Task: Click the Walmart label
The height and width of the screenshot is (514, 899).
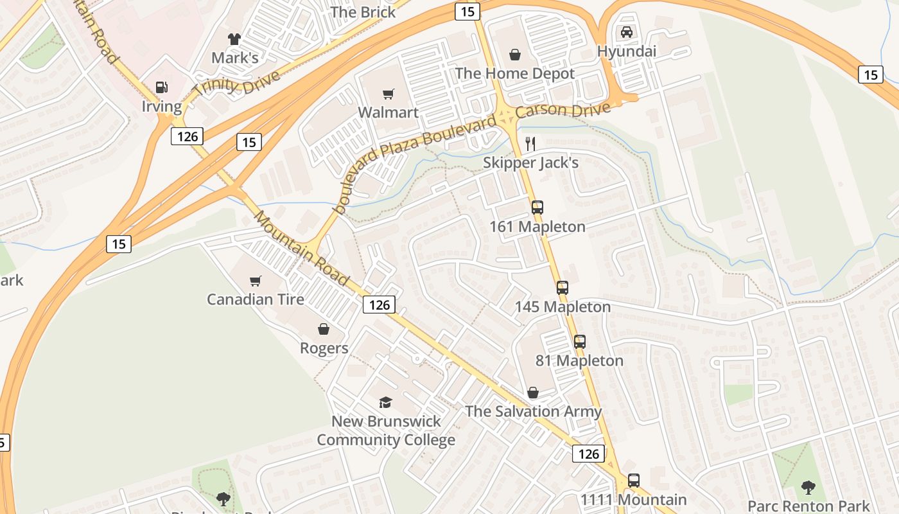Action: point(388,112)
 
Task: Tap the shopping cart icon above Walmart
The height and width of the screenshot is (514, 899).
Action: point(388,94)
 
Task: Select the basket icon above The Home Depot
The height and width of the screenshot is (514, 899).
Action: point(514,55)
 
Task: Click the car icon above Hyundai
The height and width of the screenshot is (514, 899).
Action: point(626,32)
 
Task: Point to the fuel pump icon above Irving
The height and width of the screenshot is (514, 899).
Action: point(162,87)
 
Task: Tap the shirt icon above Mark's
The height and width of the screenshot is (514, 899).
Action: point(234,39)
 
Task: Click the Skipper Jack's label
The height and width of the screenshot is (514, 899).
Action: point(530,163)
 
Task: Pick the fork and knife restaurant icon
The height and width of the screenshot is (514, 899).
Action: point(530,143)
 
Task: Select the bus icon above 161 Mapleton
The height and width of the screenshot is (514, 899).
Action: point(537,208)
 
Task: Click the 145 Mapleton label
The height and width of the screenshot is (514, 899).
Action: point(563,306)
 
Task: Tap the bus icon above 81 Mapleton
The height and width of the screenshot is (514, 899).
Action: point(580,342)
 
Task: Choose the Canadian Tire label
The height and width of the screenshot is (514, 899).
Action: point(255,299)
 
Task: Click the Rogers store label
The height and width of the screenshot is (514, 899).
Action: point(324,348)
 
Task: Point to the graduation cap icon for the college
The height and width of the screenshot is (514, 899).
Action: point(385,402)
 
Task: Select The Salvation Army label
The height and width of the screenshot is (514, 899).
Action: point(533,411)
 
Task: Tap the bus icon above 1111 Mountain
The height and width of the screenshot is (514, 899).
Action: point(634,480)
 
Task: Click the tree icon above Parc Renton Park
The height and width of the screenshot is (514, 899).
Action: point(808,488)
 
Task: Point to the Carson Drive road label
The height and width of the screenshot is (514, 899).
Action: point(563,110)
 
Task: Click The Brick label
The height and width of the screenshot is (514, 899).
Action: point(363,12)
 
